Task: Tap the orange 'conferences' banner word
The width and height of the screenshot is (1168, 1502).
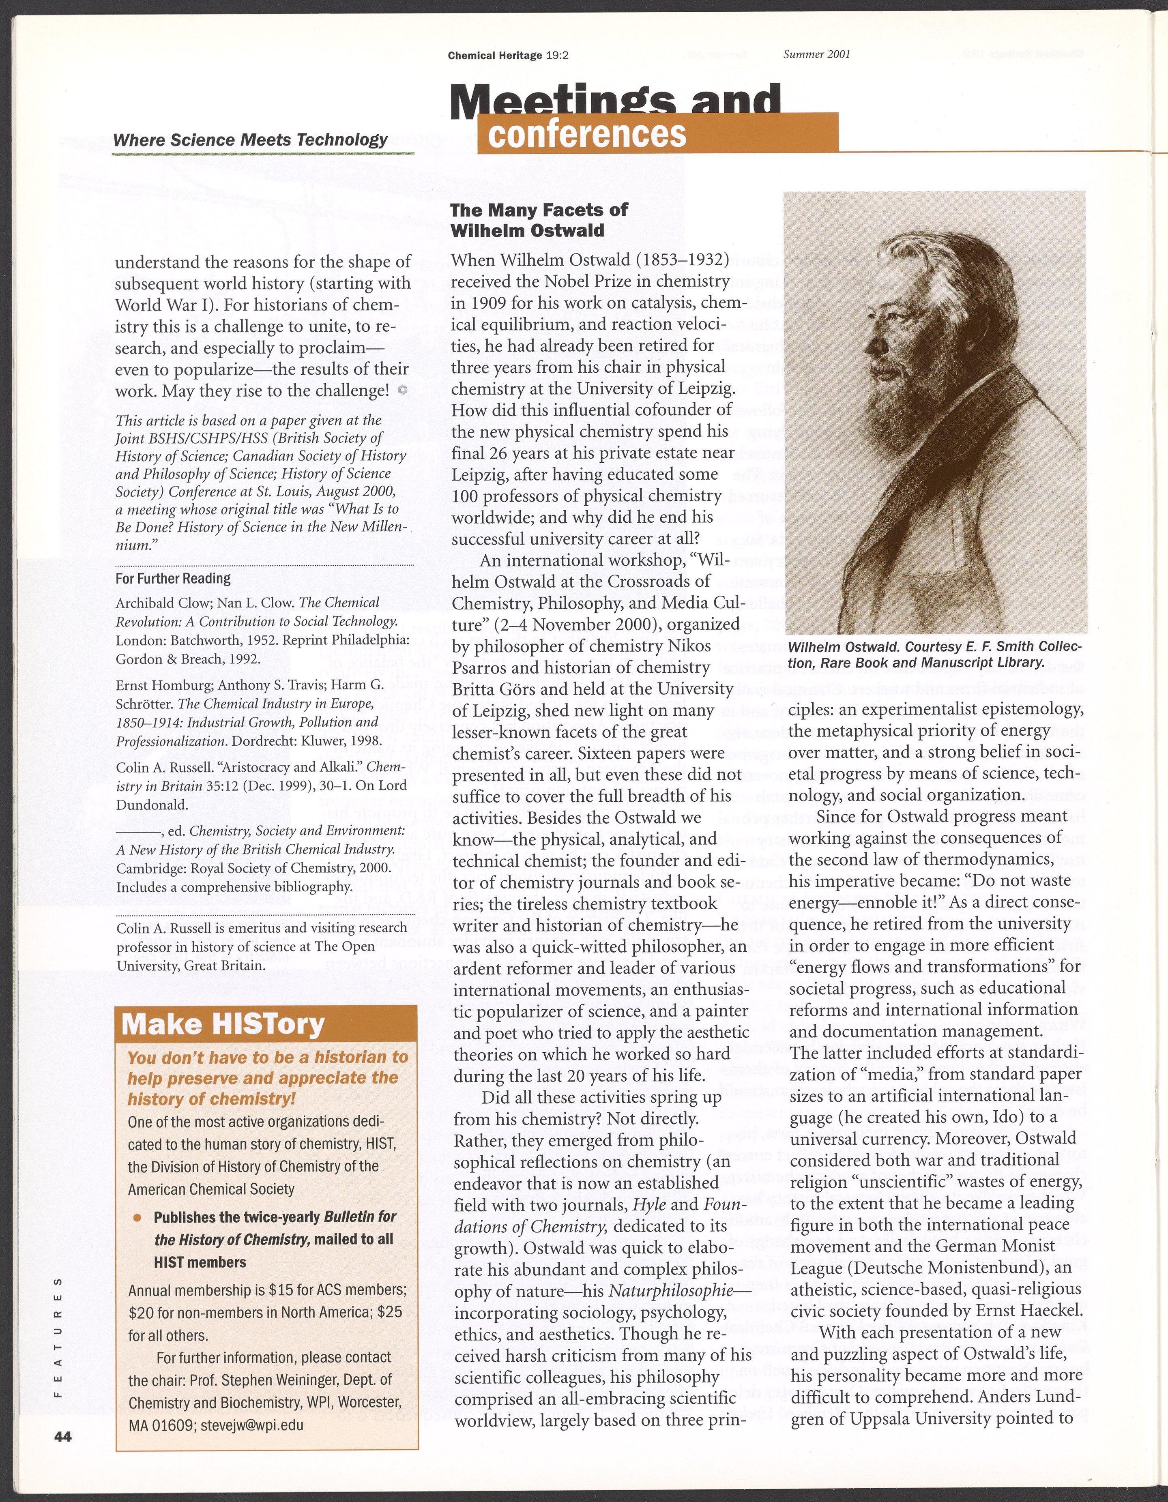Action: coord(587,134)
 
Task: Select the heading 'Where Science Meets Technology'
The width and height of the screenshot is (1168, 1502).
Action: coord(250,139)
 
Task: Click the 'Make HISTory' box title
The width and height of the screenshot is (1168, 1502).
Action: coord(222,1024)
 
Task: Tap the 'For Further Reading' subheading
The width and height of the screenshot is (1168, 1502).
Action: coord(173,578)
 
